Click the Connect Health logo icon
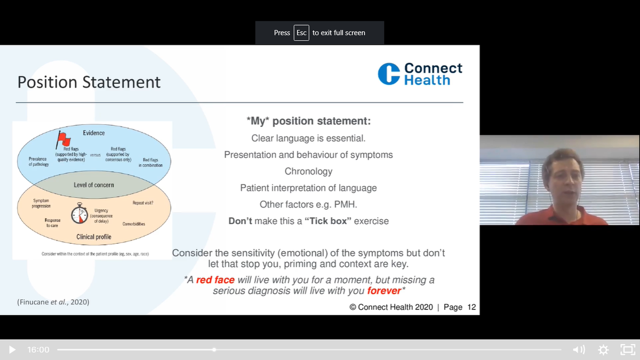[x=389, y=74]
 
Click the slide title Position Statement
[x=89, y=82]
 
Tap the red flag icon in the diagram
[x=64, y=140]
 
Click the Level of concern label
[x=93, y=185]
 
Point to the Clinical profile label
[x=93, y=236]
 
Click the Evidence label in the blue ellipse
[x=94, y=133]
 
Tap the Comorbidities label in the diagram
[x=133, y=224]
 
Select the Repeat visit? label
[x=143, y=203]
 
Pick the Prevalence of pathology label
[x=38, y=162]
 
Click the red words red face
[x=215, y=280]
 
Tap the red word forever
[x=383, y=291]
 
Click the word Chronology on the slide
[x=308, y=172]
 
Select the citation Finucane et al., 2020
[x=53, y=302]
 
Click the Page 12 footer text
[x=459, y=307]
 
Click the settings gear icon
[x=603, y=350]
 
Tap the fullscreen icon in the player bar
[x=627, y=350]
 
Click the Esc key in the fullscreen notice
[x=301, y=33]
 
